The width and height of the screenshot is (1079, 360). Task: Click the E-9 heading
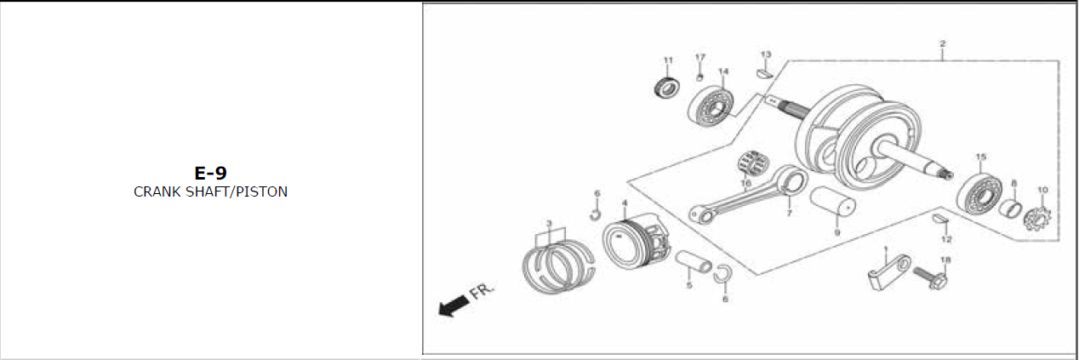(210, 173)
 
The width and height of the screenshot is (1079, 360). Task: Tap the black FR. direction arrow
(453, 306)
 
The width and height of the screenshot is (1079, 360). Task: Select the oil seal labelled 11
(667, 89)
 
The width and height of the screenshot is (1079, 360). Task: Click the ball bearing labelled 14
(711, 107)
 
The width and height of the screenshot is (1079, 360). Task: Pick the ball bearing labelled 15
(979, 195)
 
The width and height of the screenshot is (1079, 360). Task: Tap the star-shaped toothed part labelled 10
(1037, 218)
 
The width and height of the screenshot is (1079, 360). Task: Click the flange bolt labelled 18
(931, 278)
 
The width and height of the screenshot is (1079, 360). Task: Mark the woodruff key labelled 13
(764, 73)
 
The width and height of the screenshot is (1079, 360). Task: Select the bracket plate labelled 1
(889, 273)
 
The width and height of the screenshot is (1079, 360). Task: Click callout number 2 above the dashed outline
(943, 43)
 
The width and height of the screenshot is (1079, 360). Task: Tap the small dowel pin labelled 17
(700, 77)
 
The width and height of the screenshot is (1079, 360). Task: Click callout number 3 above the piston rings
(549, 223)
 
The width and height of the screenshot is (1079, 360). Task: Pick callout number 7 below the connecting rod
(789, 213)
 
